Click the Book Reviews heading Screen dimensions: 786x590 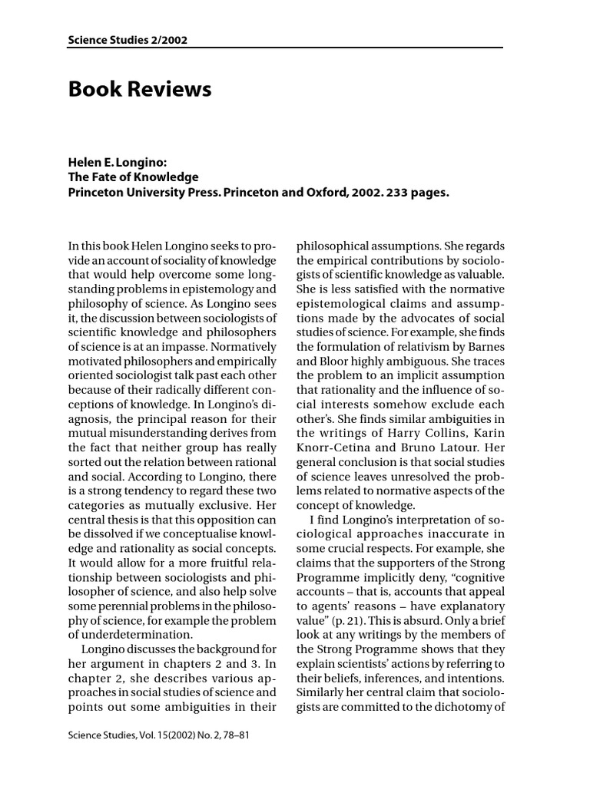tap(140, 90)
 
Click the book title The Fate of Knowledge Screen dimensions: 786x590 tap(133, 177)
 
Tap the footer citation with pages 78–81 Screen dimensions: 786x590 tap(159, 735)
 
